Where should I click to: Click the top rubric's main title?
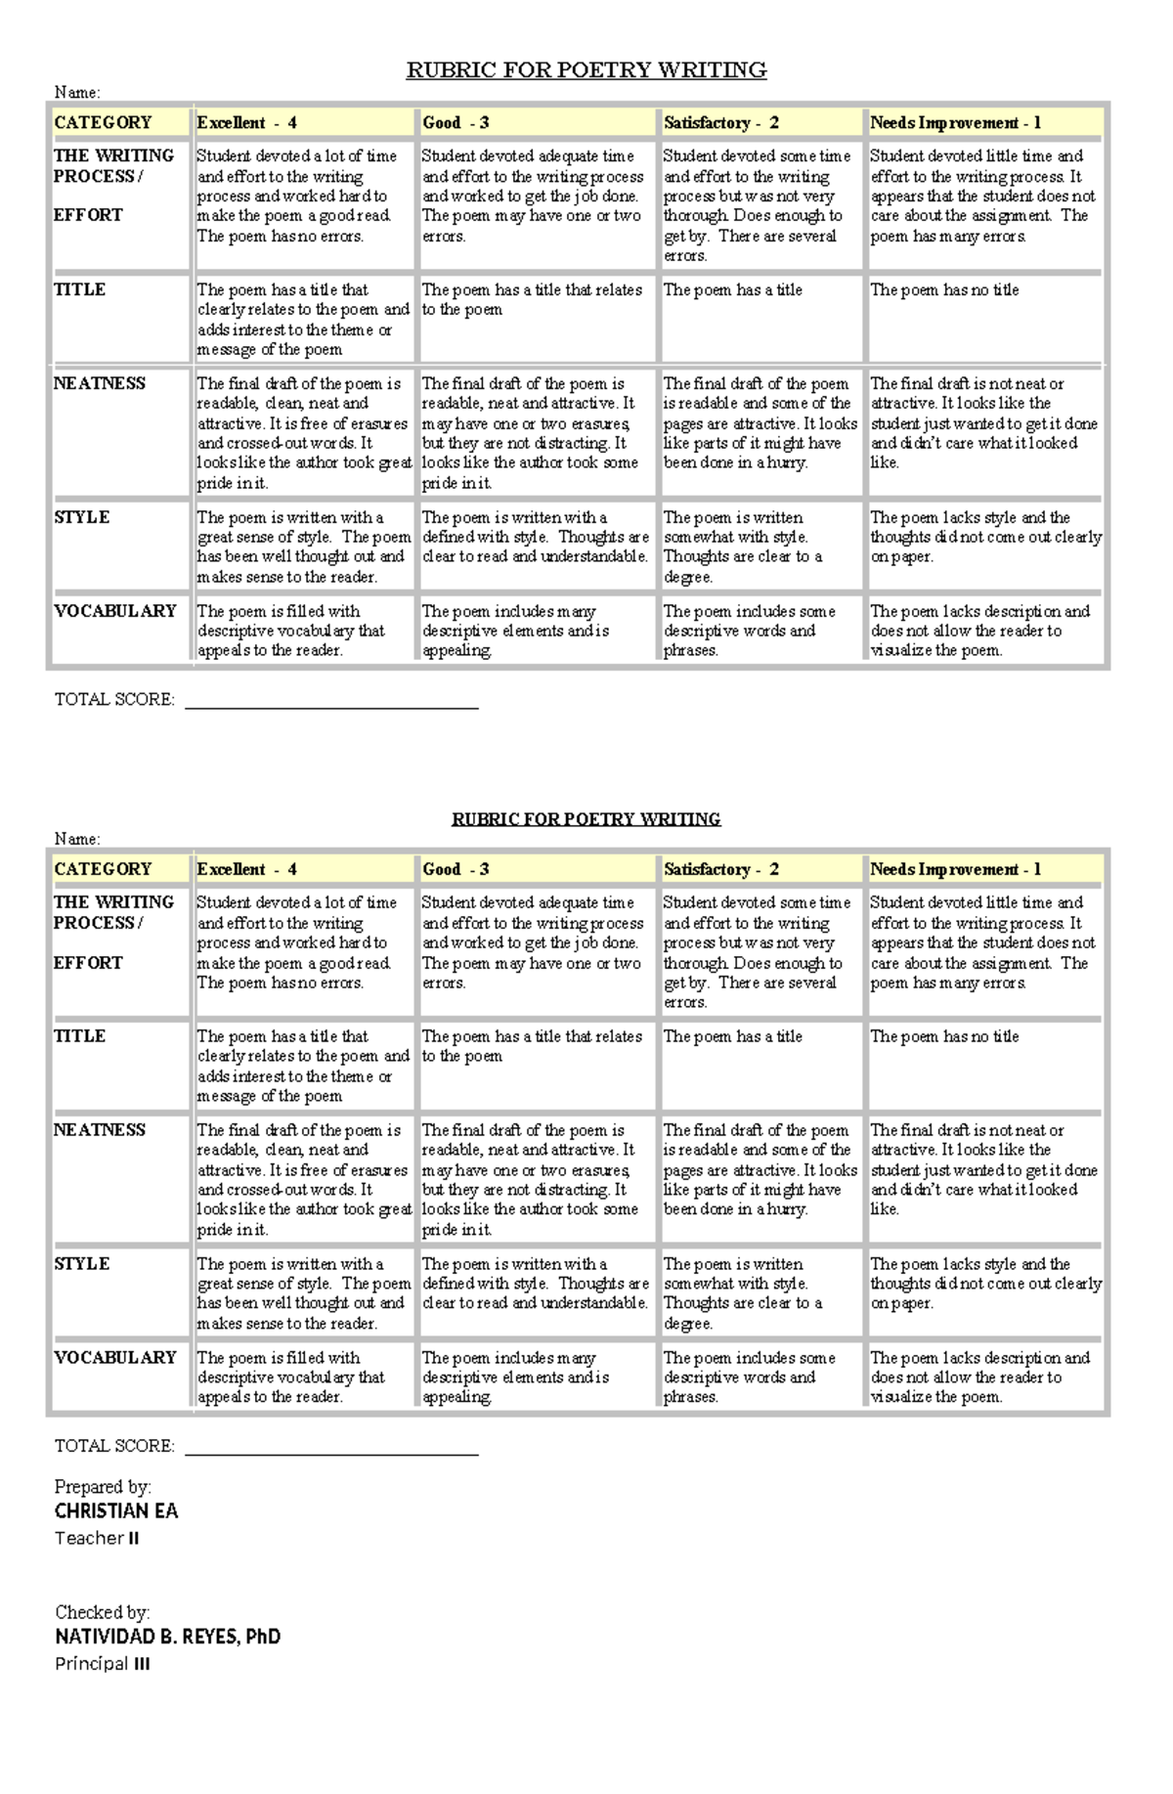coord(586,70)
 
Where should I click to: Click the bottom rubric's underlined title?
coord(586,819)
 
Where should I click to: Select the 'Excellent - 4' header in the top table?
coord(247,123)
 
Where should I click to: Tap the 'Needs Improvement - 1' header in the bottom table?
coord(955,869)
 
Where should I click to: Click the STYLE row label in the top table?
coord(82,517)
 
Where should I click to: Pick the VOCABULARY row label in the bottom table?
coord(114,1357)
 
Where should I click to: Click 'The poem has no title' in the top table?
coord(944,290)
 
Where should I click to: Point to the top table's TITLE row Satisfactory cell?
coord(733,290)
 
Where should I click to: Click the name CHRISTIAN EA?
coord(116,1511)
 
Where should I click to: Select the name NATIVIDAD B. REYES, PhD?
coord(167,1637)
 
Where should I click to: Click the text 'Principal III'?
coord(103,1664)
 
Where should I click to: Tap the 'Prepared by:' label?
coord(103,1487)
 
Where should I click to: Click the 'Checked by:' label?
coord(102,1612)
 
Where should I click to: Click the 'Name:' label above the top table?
coord(77,93)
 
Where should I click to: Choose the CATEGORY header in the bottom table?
coord(103,869)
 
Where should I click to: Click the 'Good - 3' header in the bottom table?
coord(456,869)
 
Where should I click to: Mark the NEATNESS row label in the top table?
coord(100,383)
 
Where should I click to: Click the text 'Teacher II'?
coord(97,1538)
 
